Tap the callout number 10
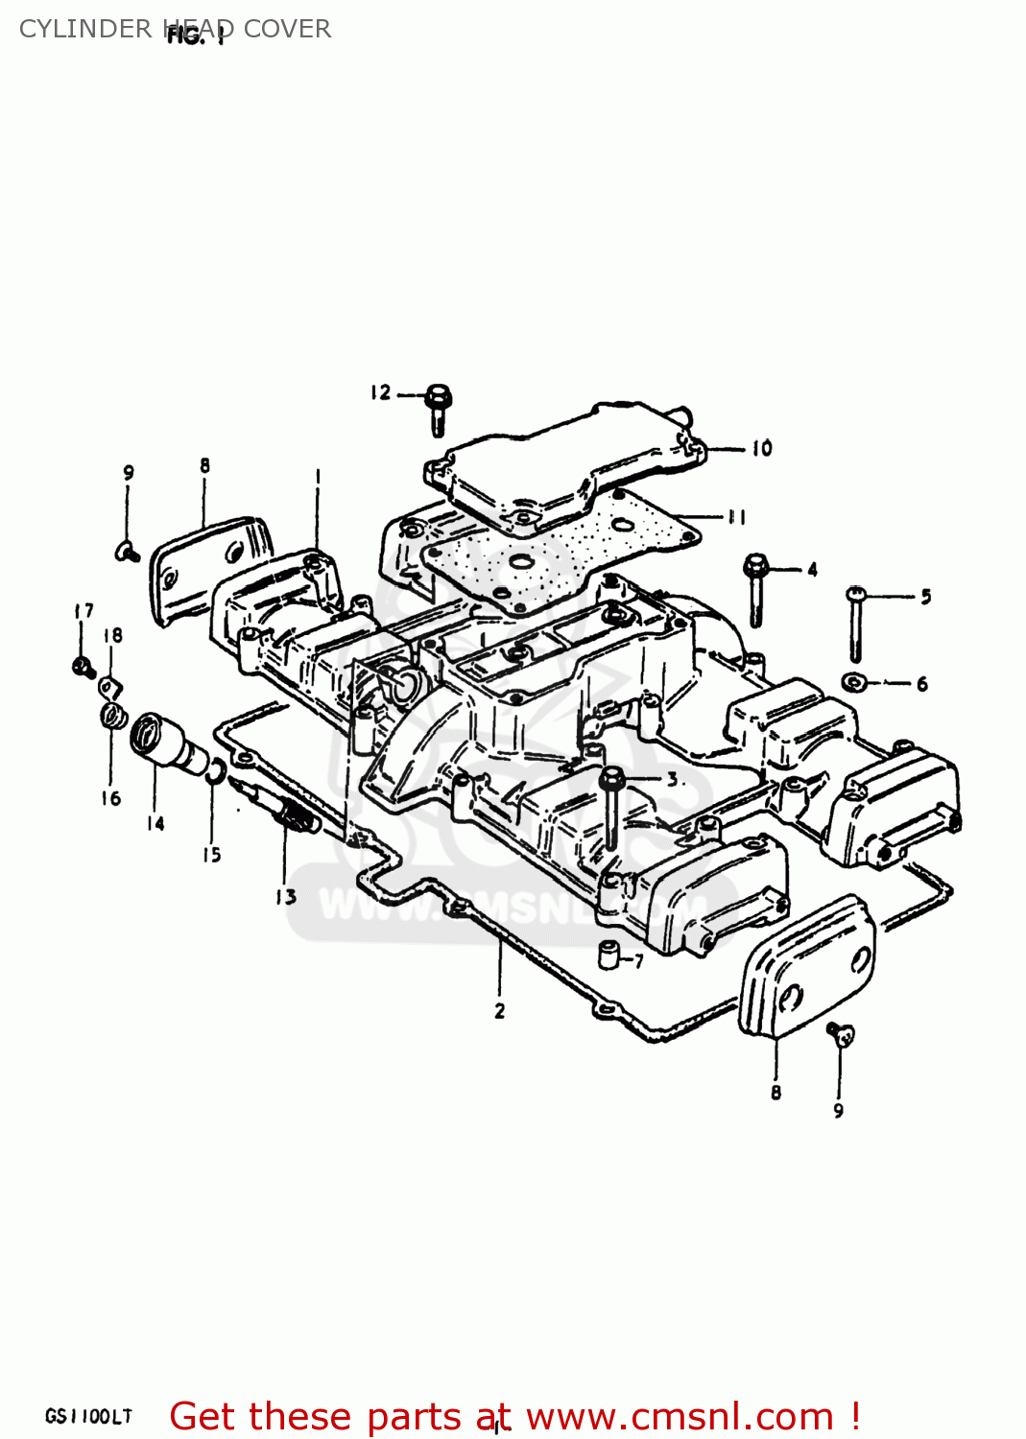tap(761, 448)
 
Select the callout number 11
tap(736, 517)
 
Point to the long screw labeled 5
tap(855, 624)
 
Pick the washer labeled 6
tap(854, 682)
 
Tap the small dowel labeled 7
tap(608, 955)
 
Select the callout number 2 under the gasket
tap(499, 1011)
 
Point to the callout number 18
tap(113, 635)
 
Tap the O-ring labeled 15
tap(216, 771)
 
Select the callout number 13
tap(286, 897)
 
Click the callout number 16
tap(111, 798)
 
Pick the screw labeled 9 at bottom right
tap(841, 1034)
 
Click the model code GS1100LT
tap(88, 1416)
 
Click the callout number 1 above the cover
tap(318, 477)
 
